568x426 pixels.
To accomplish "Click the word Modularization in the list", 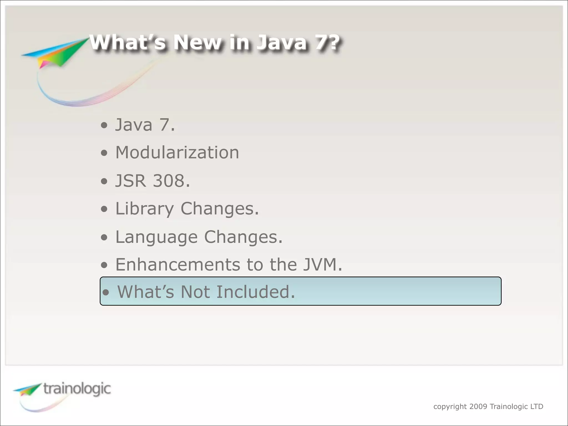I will [x=177, y=153].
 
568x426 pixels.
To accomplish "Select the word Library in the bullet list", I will [x=144, y=209].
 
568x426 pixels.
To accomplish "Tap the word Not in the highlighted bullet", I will [x=195, y=292].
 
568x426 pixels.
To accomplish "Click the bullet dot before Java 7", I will [x=104, y=125].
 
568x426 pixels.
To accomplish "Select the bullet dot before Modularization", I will [x=104, y=153].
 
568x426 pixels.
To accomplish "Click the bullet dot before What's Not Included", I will [x=106, y=292].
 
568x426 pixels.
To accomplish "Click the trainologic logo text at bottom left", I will [x=77, y=389].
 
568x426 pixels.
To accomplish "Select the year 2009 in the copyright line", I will [x=478, y=407].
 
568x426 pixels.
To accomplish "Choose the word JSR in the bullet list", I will [x=130, y=181].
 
